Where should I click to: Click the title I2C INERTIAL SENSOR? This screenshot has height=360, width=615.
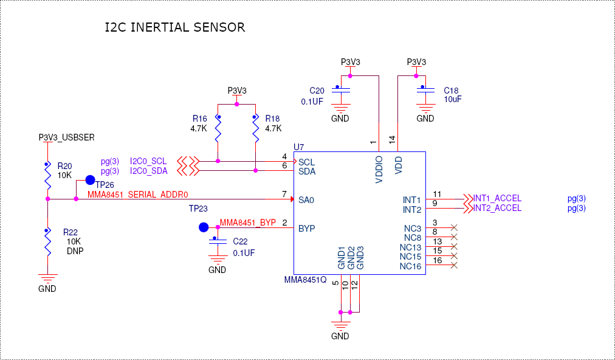tap(175, 27)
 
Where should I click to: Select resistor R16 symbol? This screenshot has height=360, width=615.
tap(218, 129)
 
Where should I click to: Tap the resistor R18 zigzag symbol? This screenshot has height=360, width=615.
tap(255, 129)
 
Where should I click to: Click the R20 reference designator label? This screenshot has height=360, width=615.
tap(64, 165)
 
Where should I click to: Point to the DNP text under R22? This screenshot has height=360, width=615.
tap(75, 250)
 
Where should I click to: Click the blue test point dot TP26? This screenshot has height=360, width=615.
tap(90, 180)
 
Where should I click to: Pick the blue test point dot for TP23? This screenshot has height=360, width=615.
tap(204, 227)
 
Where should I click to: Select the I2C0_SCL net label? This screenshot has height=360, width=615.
tap(148, 161)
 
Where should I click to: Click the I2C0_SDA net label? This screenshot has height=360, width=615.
tap(148, 171)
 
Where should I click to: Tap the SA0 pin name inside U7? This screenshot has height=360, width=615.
tap(306, 199)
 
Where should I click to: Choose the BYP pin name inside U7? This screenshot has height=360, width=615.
tap(306, 229)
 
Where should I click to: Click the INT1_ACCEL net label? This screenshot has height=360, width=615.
tap(497, 198)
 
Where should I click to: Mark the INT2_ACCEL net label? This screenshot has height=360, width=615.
tap(497, 208)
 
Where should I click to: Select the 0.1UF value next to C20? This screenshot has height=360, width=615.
tap(312, 102)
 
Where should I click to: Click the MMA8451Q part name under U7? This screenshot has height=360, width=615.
tap(306, 280)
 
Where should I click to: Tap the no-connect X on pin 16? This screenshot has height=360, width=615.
tap(455, 266)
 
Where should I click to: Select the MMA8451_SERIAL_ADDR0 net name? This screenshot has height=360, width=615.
tap(139, 195)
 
